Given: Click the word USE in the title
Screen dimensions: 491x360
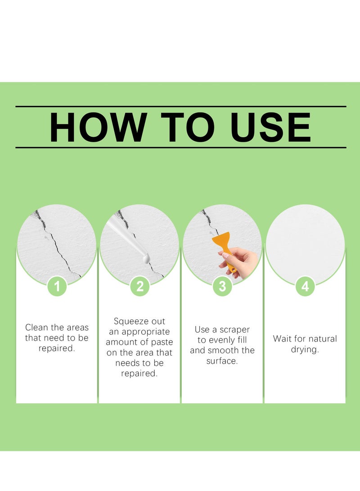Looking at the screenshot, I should [x=270, y=127].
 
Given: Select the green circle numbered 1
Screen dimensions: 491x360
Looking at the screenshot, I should [x=57, y=287].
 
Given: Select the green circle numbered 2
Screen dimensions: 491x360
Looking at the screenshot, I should [x=139, y=287].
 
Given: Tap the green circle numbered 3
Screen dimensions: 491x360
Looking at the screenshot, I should [x=222, y=287].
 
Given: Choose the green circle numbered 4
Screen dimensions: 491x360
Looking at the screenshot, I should [x=305, y=287].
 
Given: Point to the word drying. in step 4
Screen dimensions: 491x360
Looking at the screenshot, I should [x=305, y=350].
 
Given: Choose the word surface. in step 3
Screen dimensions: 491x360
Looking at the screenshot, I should [x=222, y=361].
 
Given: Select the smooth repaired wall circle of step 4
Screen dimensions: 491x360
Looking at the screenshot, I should [x=305, y=243].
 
